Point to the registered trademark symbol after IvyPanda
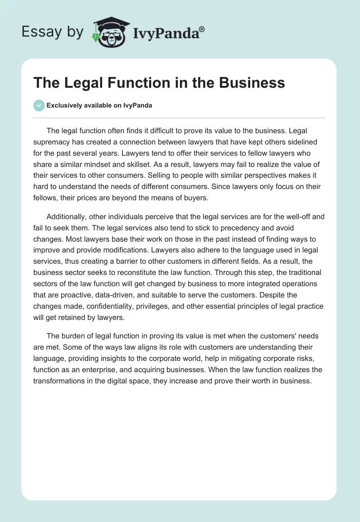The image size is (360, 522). (202, 29)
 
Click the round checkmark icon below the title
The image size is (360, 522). (39, 105)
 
